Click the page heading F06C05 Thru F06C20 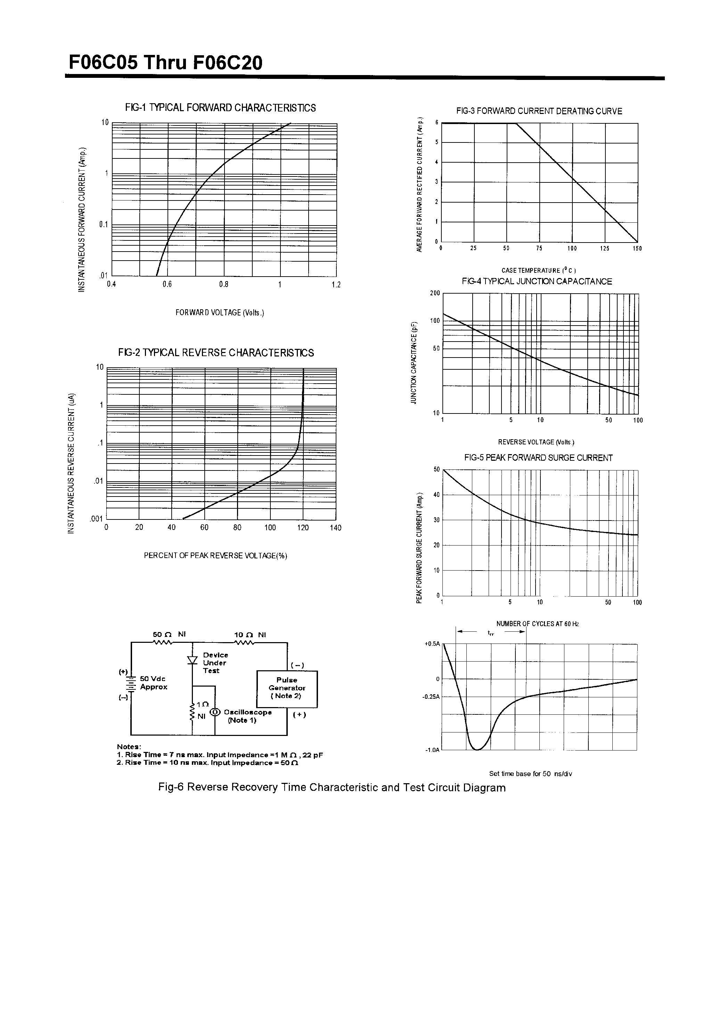[x=165, y=63]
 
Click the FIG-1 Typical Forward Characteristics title [x=220, y=108]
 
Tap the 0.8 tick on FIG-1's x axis [x=223, y=285]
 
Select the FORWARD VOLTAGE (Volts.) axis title [x=220, y=313]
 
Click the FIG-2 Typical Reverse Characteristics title [x=216, y=353]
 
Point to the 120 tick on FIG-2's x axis [x=303, y=527]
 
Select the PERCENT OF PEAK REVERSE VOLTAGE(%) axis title [x=215, y=556]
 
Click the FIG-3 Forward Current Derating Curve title [x=539, y=111]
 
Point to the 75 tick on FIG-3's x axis [x=539, y=249]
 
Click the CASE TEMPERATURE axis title [x=538, y=270]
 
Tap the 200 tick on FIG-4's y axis [x=435, y=293]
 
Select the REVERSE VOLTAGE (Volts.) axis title [x=536, y=442]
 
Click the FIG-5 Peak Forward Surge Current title [x=538, y=458]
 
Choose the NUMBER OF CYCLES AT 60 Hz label [x=537, y=624]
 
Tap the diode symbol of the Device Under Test [x=192, y=660]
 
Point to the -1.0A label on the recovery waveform [x=432, y=750]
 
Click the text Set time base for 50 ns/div [x=530, y=774]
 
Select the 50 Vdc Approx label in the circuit [x=154, y=683]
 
